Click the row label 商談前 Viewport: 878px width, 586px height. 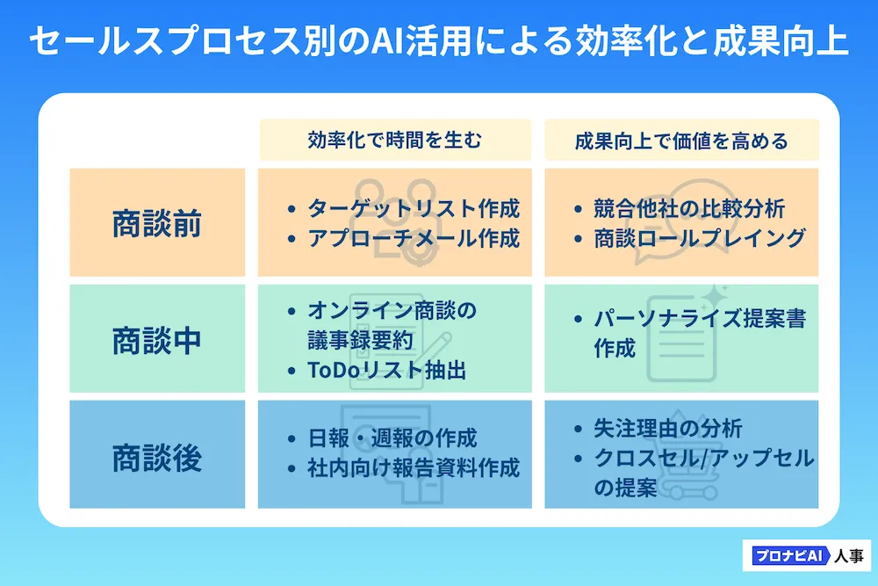157,224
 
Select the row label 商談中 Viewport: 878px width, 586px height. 157,340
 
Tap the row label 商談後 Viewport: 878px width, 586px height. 157,457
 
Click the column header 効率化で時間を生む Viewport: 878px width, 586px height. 394,141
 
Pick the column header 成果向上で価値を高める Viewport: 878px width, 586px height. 681,141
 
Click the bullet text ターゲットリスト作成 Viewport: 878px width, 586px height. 413,209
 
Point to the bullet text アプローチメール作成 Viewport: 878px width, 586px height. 413,239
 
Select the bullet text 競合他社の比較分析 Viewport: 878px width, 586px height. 689,209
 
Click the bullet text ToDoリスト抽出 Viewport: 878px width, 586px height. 386,371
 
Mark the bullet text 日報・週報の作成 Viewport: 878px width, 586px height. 392,438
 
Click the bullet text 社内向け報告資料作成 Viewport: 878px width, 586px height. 413,467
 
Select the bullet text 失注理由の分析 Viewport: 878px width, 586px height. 668,429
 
